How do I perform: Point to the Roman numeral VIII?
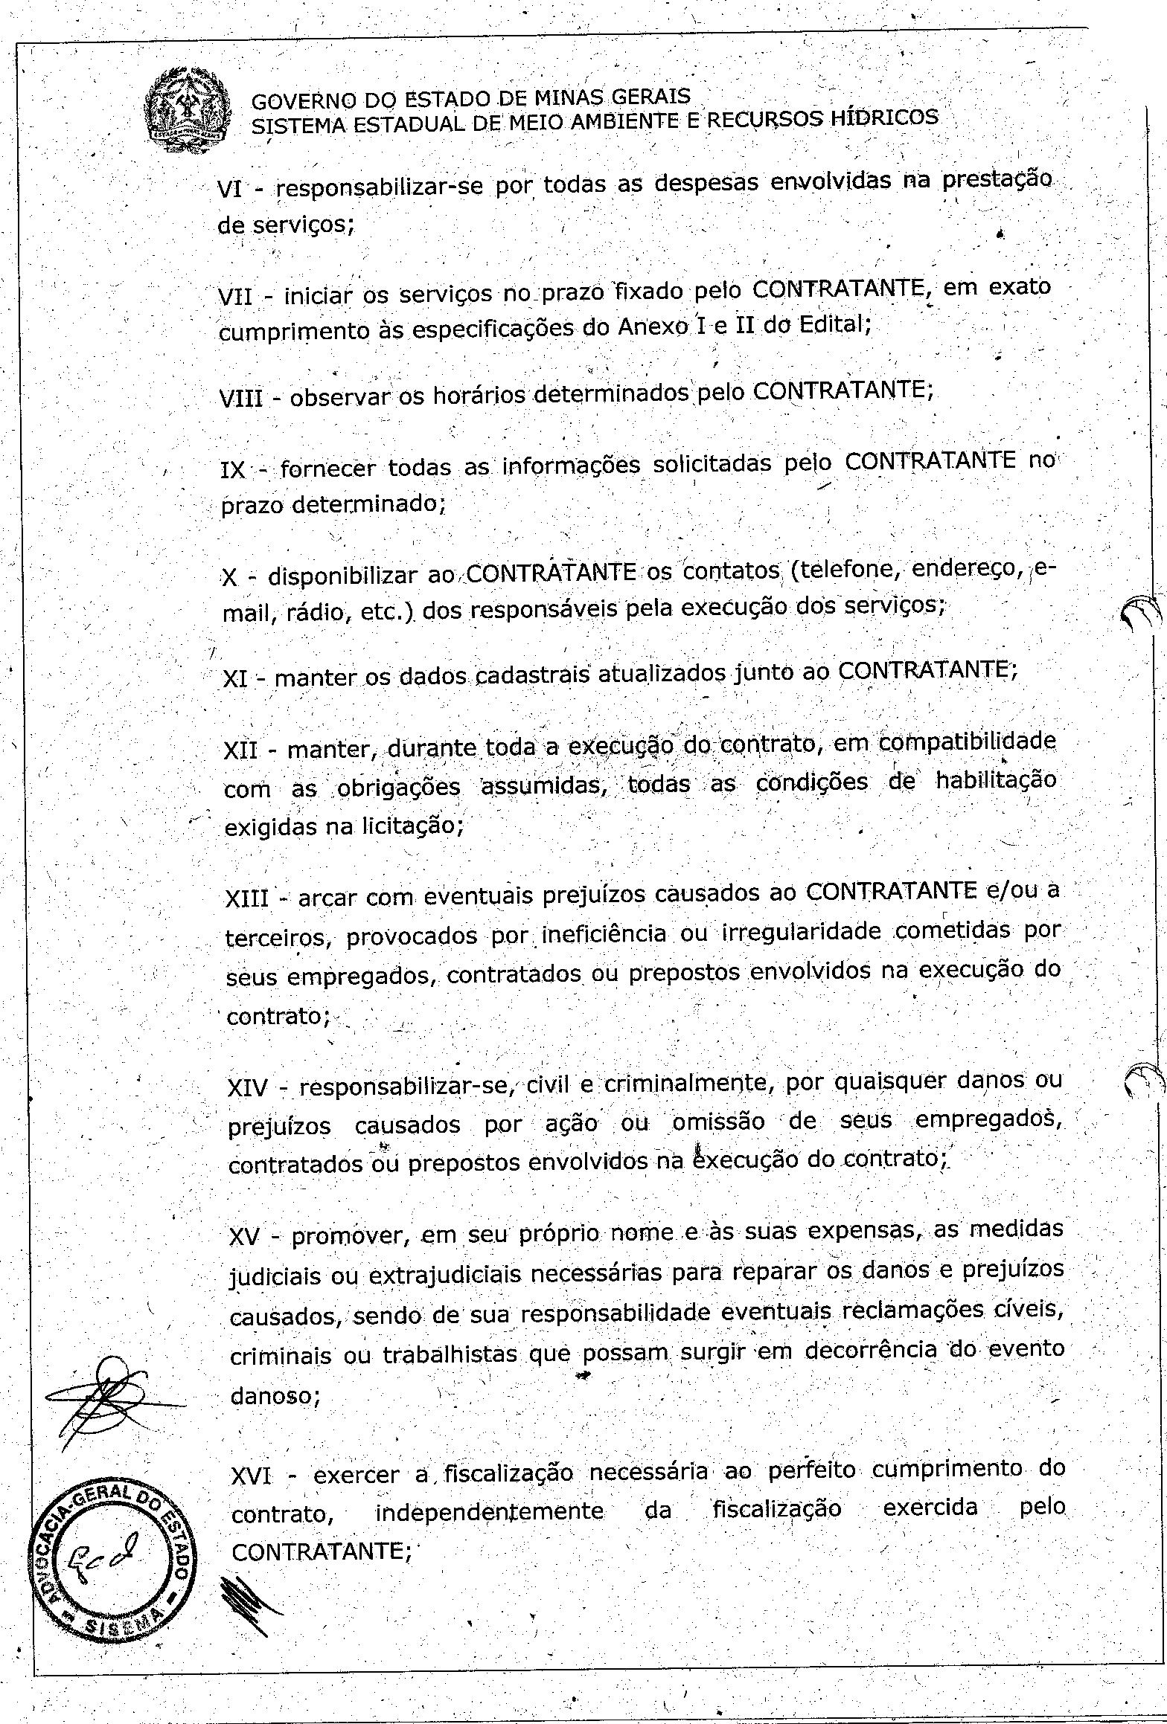[x=242, y=399]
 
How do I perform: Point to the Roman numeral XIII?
[x=247, y=898]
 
